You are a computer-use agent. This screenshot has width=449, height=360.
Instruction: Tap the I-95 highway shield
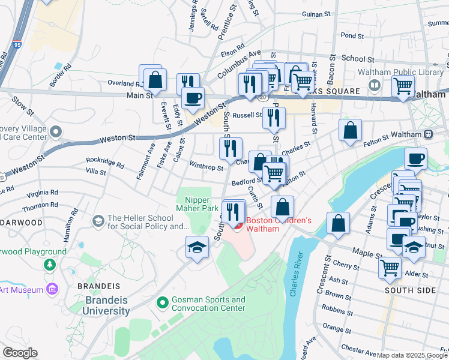(x=16, y=44)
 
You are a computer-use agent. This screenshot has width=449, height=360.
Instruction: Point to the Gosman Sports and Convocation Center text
(x=208, y=304)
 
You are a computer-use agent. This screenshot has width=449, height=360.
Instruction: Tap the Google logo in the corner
(x=20, y=353)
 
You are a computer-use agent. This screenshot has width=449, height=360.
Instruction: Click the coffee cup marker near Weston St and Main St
(x=193, y=98)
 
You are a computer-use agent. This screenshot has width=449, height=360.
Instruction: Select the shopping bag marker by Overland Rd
(x=155, y=79)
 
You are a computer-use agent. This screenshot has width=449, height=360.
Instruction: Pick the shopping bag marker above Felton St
(x=350, y=130)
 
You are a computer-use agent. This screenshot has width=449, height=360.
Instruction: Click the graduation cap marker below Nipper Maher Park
(x=196, y=247)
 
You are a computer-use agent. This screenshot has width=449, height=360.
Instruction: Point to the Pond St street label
(x=348, y=35)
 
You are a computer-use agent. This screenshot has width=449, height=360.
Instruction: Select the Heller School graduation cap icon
(x=97, y=221)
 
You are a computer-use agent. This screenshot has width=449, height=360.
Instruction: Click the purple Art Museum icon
(x=52, y=290)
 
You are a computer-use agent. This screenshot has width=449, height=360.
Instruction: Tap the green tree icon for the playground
(x=47, y=264)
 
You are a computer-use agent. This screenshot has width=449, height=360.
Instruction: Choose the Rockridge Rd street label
(x=104, y=163)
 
